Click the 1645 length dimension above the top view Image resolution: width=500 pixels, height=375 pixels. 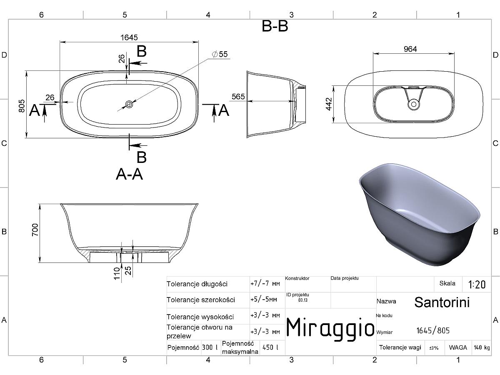tap(129, 37)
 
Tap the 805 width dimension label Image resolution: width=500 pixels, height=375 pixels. tap(22, 106)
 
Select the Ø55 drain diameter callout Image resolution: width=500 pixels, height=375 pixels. tap(220, 54)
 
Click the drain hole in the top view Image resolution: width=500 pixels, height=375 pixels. tap(129, 104)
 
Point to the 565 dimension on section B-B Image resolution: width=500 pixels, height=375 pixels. tap(238, 97)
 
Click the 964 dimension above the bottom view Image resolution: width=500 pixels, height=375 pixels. tap(410, 49)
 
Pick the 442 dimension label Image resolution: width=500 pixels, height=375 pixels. tap(329, 104)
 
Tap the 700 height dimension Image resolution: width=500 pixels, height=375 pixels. tap(35, 230)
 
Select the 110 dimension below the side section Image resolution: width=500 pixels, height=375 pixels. tap(117, 273)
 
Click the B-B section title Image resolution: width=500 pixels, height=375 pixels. tap(275, 26)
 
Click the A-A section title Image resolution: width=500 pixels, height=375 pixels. tap(129, 175)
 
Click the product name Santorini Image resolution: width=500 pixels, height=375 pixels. tap(442, 302)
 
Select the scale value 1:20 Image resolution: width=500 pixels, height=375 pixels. tap(477, 285)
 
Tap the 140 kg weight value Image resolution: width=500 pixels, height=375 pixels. tap(482, 347)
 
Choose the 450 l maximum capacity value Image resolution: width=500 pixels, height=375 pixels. tap(270, 347)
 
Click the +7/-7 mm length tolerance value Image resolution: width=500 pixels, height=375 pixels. tap(265, 284)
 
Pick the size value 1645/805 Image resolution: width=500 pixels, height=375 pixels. tap(433, 330)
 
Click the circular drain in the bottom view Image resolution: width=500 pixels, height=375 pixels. tap(414, 104)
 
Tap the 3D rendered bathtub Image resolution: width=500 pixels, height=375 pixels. tap(420, 214)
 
